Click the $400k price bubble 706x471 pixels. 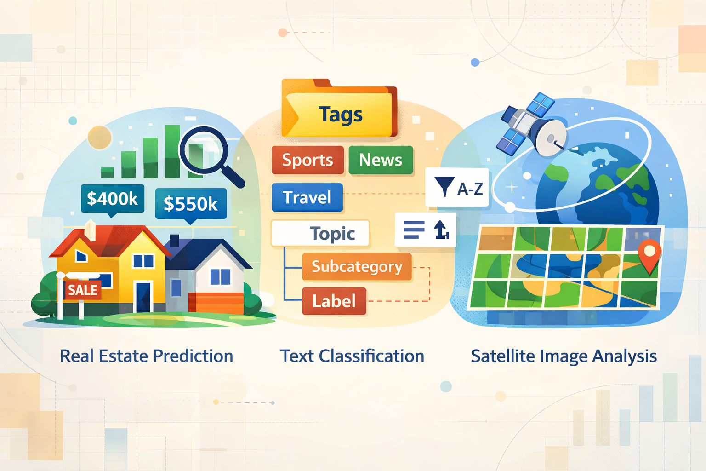(x=113, y=199)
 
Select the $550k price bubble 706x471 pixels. (x=191, y=204)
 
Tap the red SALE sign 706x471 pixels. (x=83, y=290)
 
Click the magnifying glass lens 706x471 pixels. (x=203, y=150)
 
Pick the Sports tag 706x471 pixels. (x=307, y=160)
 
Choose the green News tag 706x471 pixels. (x=381, y=160)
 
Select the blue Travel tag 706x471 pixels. (x=307, y=197)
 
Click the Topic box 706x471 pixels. (x=320, y=233)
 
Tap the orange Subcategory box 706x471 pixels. (x=357, y=267)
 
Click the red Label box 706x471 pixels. (x=334, y=301)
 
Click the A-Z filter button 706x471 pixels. (x=457, y=187)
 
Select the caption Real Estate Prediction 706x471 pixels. (x=147, y=356)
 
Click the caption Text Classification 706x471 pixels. (x=352, y=356)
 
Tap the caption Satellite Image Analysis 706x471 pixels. (x=564, y=356)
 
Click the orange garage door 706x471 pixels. (x=216, y=303)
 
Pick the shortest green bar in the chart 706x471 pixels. (x=108, y=172)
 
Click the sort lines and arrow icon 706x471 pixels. (x=426, y=230)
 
